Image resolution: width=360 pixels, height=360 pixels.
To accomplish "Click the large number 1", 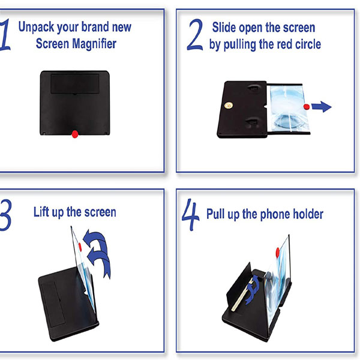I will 5,37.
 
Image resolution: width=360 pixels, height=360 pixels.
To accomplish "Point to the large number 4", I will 190,217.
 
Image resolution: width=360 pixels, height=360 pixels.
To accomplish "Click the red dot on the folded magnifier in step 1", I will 74,133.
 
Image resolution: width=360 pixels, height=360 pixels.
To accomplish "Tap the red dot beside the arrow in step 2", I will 307,107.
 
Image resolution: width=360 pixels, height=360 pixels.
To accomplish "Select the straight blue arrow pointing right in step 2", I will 322,107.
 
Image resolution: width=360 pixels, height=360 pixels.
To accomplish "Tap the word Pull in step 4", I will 217,214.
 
